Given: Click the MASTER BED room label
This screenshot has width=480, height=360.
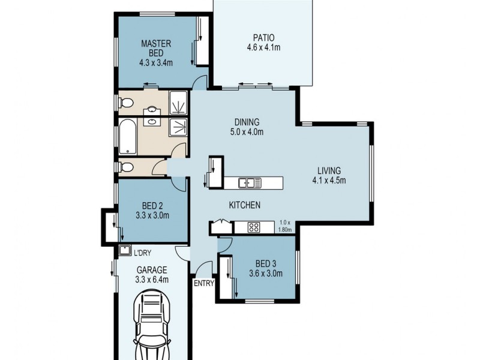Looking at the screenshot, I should click(157, 48).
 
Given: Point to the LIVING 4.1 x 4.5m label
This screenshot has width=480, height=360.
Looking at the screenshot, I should click(329, 174).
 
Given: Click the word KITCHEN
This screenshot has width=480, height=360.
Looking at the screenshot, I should click(244, 205).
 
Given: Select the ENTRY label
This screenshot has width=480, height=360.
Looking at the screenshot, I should click(203, 284).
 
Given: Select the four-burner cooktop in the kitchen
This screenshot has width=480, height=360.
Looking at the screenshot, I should click(254, 227).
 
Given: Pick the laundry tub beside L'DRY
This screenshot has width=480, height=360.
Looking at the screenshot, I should click(125, 251).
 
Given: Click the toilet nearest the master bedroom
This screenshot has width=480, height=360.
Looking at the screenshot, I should click(124, 101).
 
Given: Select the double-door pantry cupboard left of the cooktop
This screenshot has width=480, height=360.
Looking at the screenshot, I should click(220, 227).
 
